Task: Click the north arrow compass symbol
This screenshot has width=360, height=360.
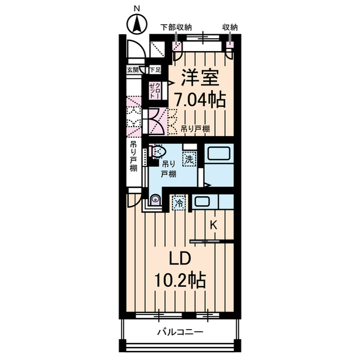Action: pyautogui.click(x=136, y=23)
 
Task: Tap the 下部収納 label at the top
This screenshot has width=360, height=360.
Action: pyautogui.click(x=176, y=26)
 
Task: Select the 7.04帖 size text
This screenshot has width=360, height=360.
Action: pyautogui.click(x=200, y=100)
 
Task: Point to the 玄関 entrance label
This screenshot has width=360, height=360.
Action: pyautogui.click(x=132, y=70)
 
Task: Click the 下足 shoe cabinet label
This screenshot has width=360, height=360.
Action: pyautogui.click(x=155, y=70)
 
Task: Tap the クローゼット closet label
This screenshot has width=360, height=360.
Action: pyautogui.click(x=154, y=91)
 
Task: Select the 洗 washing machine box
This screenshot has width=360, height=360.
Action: pyautogui.click(x=190, y=159)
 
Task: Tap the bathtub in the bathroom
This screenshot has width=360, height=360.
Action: pyautogui.click(x=217, y=155)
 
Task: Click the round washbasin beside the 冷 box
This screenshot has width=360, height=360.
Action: pyautogui.click(x=155, y=199)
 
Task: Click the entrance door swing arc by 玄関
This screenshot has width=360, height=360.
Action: pyautogui.click(x=136, y=52)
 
